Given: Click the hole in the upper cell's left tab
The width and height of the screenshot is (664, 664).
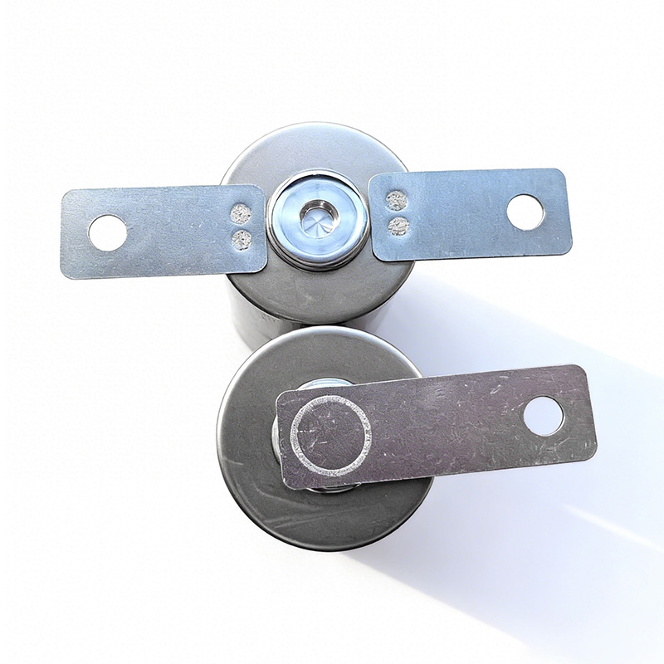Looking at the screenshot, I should (x=108, y=232).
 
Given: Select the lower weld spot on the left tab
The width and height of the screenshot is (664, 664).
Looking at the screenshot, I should (x=242, y=240).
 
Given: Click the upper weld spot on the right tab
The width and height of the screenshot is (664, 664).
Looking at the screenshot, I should (x=397, y=200).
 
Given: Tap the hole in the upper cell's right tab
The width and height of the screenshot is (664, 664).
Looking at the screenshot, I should (x=525, y=212).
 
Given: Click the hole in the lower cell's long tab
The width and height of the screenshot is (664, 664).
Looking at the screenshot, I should (x=543, y=414).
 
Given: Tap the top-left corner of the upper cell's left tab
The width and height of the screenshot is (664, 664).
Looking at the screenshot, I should (x=65, y=193).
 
